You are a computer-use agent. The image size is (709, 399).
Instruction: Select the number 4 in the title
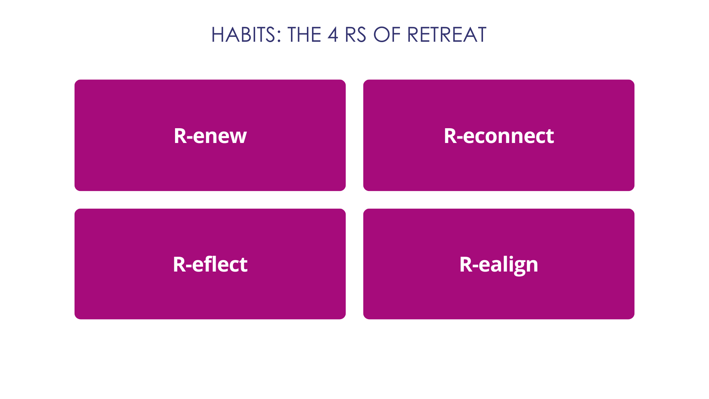point(333,35)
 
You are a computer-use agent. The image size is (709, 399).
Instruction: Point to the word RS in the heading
point(355,35)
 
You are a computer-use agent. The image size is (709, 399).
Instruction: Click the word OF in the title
point(387,35)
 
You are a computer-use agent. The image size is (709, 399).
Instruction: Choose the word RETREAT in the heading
point(447,35)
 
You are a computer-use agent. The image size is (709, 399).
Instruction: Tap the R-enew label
point(210,136)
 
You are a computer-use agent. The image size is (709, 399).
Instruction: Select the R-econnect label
point(499,136)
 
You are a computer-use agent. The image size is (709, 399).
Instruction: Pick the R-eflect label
point(210,264)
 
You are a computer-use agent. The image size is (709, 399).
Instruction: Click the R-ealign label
point(499,265)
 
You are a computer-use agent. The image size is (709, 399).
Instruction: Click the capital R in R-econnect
point(451,136)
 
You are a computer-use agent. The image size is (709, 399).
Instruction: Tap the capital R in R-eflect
point(179,265)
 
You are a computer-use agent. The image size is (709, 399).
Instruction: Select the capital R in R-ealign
point(466,265)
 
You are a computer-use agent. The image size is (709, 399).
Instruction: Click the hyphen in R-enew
point(190,138)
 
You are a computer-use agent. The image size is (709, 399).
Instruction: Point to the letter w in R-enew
point(237,138)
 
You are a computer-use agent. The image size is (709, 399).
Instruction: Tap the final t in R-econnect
point(549,137)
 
